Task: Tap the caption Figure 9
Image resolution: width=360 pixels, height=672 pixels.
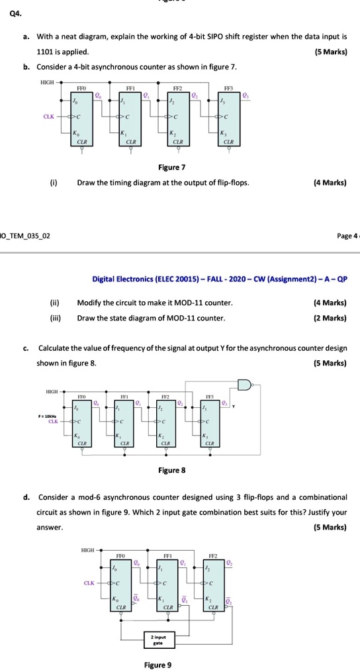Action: pyautogui.click(x=158, y=665)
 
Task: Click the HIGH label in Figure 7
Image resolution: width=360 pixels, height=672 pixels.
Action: pyautogui.click(x=47, y=82)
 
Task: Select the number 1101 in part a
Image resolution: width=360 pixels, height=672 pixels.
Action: pyautogui.click(x=48, y=52)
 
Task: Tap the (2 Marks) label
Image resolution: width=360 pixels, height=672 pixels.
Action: pyautogui.click(x=328, y=318)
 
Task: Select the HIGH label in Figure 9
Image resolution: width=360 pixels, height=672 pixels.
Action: pyautogui.click(x=88, y=550)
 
